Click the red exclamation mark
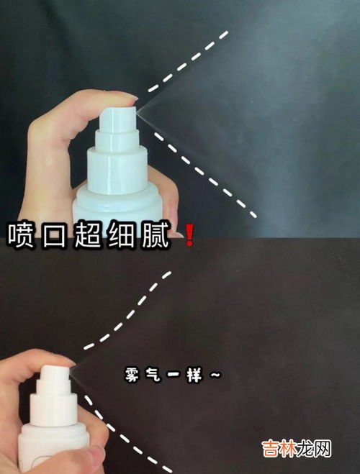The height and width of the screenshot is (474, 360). [189, 235]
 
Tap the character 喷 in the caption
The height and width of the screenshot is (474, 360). [21, 236]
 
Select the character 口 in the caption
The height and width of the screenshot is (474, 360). [55, 236]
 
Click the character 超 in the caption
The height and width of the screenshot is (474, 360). [88, 236]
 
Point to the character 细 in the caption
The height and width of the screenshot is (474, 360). [122, 236]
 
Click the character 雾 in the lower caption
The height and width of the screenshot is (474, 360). [132, 375]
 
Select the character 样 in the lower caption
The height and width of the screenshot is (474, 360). [194, 375]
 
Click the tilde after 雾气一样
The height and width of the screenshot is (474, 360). [215, 375]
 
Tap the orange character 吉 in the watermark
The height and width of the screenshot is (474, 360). [270, 448]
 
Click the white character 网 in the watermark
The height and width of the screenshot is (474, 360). [323, 448]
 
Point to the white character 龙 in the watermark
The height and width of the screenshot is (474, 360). [305, 448]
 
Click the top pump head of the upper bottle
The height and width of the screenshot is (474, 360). [117, 119]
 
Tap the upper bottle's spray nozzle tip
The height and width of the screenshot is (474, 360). [137, 112]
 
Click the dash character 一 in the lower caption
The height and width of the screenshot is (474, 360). [174, 375]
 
